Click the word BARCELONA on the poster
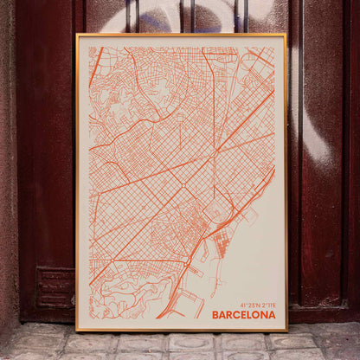pos(243,315)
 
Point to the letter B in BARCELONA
pos(215,315)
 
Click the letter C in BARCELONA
pos(235,315)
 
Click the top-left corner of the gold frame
pos(77,35)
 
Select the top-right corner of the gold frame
pos(286,35)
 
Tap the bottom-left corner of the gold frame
pos(77,331)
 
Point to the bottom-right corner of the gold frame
pos(286,331)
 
